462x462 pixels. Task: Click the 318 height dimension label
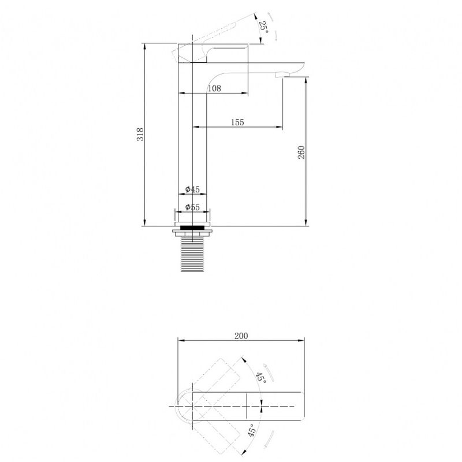pos(140,135)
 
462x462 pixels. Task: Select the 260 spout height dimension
pos(301,152)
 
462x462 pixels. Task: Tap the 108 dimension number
pos(214,88)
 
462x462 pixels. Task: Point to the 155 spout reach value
pos(237,122)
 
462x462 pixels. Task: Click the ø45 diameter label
pos(192,189)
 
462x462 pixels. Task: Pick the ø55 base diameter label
pos(192,207)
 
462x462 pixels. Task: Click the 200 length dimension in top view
pos(241,336)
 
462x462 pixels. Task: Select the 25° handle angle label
pos(264,27)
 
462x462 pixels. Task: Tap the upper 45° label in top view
pos(261,378)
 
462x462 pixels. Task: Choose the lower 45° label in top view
pos(251,430)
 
